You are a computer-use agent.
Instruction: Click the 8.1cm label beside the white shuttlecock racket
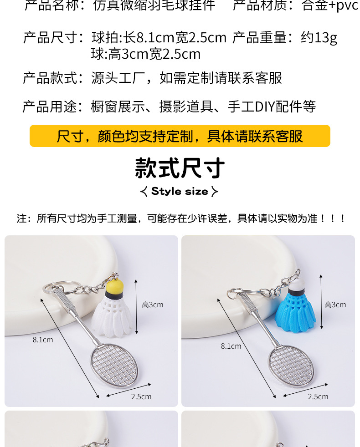(43, 340)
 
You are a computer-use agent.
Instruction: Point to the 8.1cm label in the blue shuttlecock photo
(231, 346)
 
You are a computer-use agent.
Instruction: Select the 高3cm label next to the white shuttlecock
(152, 305)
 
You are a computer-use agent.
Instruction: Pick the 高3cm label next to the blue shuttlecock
(335, 305)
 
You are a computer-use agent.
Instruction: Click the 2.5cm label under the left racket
(141, 396)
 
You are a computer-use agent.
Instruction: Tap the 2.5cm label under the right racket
(318, 396)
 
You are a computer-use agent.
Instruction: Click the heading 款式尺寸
(180, 168)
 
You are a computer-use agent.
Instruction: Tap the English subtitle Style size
(180, 191)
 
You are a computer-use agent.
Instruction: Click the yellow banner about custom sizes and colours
(180, 136)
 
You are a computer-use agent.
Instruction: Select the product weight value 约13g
(319, 38)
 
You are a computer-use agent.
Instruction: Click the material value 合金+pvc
(330, 5)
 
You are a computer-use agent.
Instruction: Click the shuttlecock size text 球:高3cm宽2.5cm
(146, 54)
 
